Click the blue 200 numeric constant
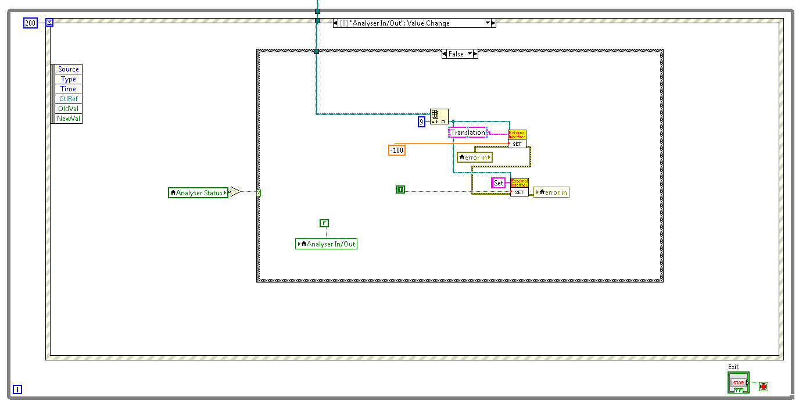click(30, 23)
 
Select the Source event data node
click(69, 69)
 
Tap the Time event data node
click(69, 89)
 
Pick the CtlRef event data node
click(69, 99)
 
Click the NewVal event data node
click(69, 119)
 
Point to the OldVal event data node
click(69, 109)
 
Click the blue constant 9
click(422, 122)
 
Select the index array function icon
click(439, 117)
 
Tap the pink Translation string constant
click(468, 133)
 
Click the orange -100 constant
click(397, 151)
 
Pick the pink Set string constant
click(499, 183)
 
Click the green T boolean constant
click(400, 190)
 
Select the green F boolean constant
click(324, 223)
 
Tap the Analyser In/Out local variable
click(327, 244)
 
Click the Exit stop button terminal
click(738, 382)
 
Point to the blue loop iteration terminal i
click(17, 389)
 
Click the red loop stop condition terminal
click(764, 386)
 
